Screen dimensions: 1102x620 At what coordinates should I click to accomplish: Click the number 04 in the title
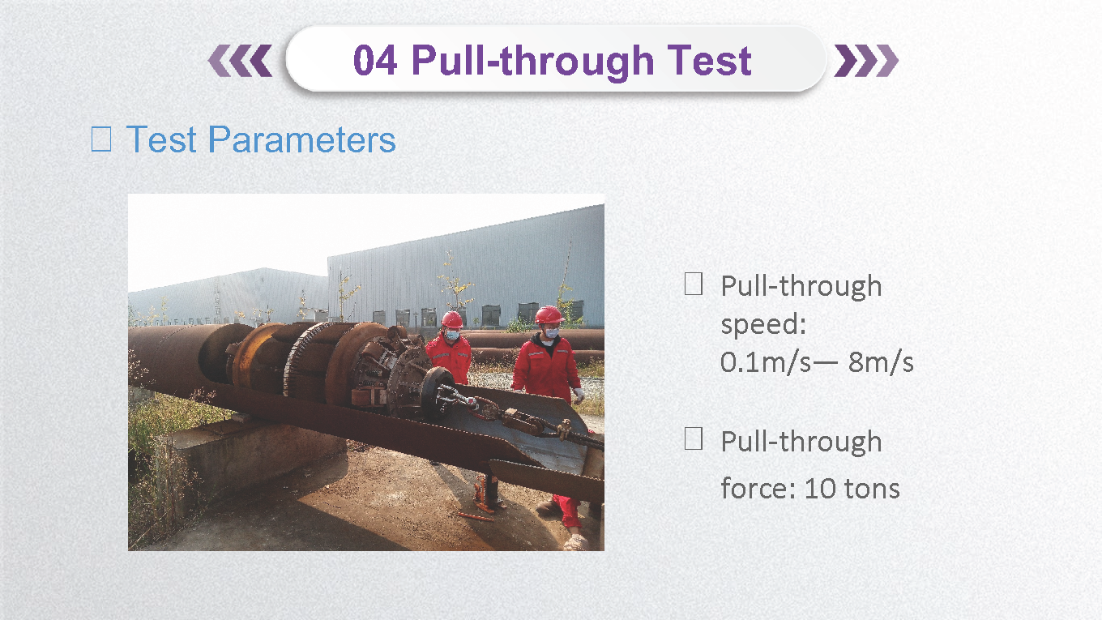[x=375, y=61]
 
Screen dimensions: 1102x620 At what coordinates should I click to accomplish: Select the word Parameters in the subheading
[x=301, y=139]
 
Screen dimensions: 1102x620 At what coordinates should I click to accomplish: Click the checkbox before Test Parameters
[x=101, y=139]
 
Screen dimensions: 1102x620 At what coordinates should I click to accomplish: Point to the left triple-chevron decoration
[x=240, y=61]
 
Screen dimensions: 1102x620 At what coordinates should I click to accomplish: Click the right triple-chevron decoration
[x=866, y=61]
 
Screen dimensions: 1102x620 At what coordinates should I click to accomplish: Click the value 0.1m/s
[x=765, y=362]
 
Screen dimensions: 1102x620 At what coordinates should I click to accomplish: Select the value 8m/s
[x=881, y=362]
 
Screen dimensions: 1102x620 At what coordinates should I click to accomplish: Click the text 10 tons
[x=852, y=489]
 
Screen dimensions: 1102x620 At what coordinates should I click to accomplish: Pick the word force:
[x=758, y=489]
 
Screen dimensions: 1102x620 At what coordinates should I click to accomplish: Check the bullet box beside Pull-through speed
[x=693, y=284]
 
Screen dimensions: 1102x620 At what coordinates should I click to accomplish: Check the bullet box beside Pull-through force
[x=693, y=438]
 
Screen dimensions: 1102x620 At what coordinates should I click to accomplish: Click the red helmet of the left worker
[x=451, y=320]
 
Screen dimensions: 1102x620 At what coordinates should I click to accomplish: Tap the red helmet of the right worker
[x=549, y=315]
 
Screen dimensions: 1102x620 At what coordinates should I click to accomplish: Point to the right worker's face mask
[x=552, y=332]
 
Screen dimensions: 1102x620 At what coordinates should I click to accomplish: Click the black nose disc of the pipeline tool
[x=437, y=394]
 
